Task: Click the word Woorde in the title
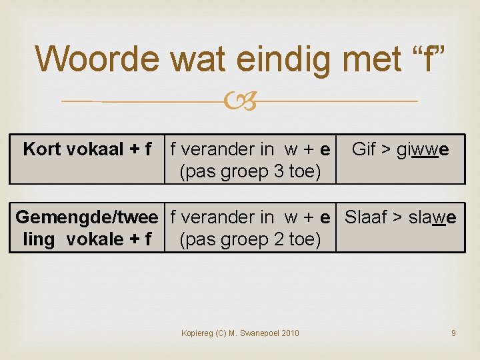99,59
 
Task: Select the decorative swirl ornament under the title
239,101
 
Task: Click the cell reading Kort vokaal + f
87,149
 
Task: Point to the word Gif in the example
364,149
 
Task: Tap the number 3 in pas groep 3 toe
280,172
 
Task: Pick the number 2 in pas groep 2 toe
280,239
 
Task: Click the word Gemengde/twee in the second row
87,217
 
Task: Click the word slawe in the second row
433,217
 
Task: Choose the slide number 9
453,333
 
